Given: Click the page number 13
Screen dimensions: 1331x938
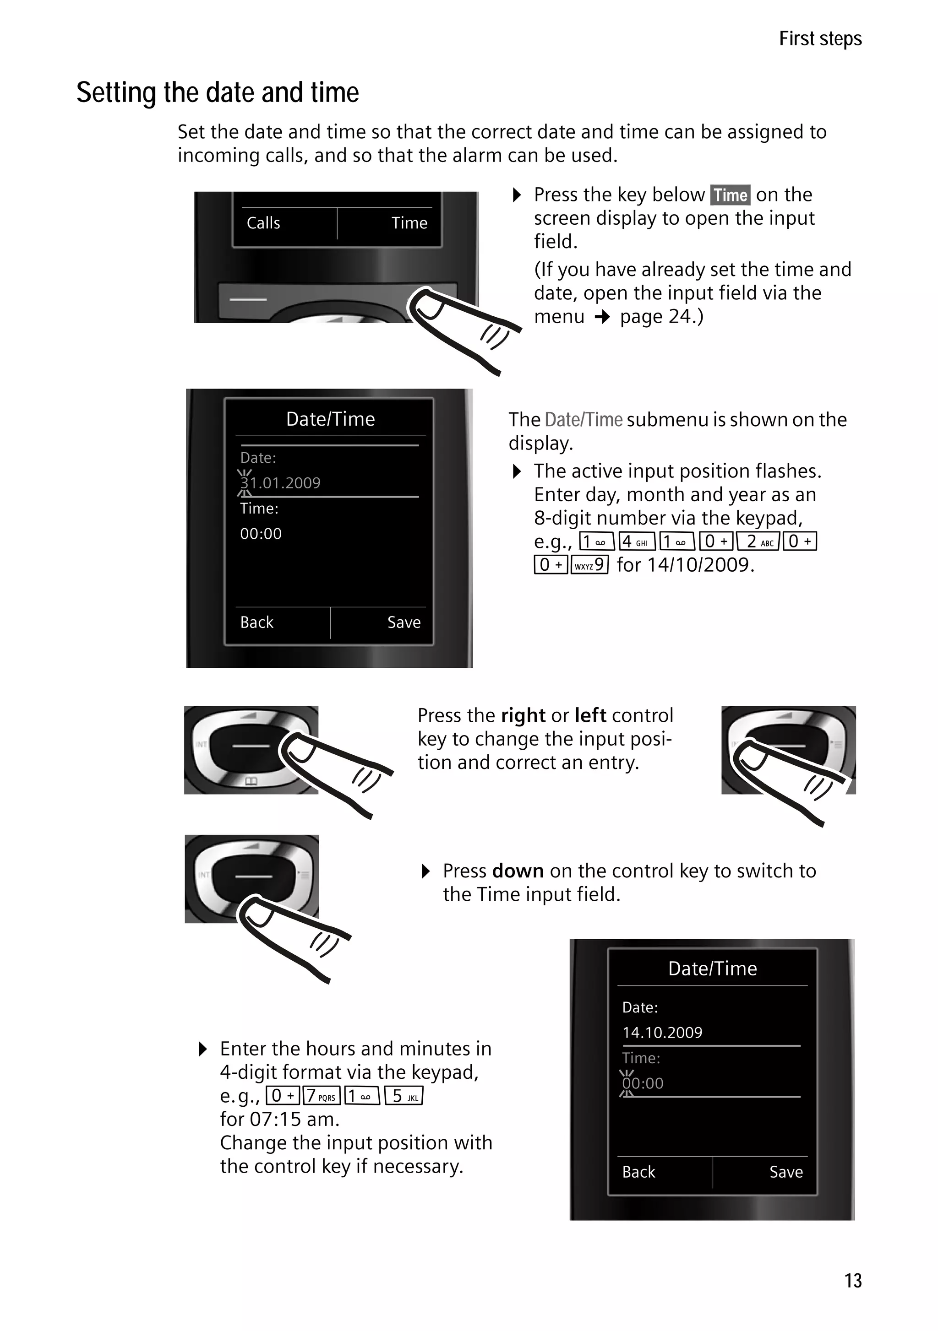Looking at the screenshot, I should [x=853, y=1280].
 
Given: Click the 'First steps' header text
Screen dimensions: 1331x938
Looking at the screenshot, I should [x=820, y=39].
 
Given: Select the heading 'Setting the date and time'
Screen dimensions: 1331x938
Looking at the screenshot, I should [x=218, y=93].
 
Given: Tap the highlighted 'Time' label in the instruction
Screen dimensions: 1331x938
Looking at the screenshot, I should [x=730, y=195].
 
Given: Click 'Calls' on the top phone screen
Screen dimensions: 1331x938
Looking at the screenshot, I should [x=263, y=223].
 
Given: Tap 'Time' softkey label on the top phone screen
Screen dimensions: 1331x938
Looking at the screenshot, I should [x=409, y=223].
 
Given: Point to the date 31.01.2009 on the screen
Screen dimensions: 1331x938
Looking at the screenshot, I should [x=281, y=483].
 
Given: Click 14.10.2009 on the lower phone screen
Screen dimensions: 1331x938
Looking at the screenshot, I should [x=662, y=1033].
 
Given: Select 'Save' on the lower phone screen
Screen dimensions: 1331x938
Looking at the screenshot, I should [x=785, y=1172].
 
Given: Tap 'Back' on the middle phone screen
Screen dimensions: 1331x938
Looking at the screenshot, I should [x=256, y=622].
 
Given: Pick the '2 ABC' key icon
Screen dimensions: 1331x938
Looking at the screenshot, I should [x=758, y=541].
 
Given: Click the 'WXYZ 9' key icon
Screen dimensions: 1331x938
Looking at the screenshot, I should [x=589, y=565].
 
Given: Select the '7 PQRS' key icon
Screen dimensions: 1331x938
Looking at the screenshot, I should [x=321, y=1096].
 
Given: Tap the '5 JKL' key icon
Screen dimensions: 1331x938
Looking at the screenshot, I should [x=404, y=1096].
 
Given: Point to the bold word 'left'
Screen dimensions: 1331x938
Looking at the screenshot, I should [x=590, y=715].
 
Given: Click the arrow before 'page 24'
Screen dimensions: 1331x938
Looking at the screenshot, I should [x=603, y=317].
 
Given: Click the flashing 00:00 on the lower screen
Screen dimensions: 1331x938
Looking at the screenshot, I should [x=643, y=1083].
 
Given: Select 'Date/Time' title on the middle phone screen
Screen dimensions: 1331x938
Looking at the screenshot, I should [x=330, y=419].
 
